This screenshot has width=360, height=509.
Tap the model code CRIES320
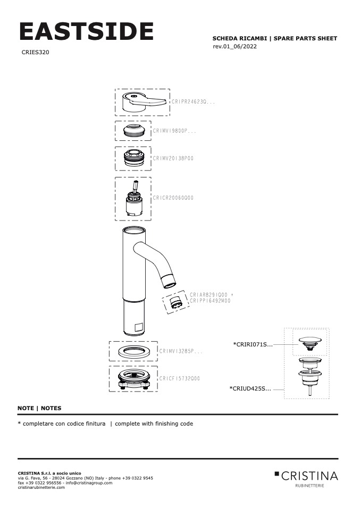click(x=36, y=53)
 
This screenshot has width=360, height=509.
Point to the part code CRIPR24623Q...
click(x=192, y=101)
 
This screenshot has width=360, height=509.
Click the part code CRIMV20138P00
click(x=173, y=158)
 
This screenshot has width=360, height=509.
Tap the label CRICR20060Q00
click(x=173, y=198)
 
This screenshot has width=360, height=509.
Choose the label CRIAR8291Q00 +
click(x=212, y=294)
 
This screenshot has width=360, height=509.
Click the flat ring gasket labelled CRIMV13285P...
click(x=133, y=351)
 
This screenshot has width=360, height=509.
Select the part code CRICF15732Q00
click(x=179, y=378)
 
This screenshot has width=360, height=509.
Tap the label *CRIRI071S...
click(x=253, y=345)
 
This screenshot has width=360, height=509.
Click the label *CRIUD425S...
click(x=250, y=388)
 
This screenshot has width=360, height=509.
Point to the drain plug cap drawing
click(x=312, y=341)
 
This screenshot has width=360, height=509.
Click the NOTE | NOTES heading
click(x=39, y=408)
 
